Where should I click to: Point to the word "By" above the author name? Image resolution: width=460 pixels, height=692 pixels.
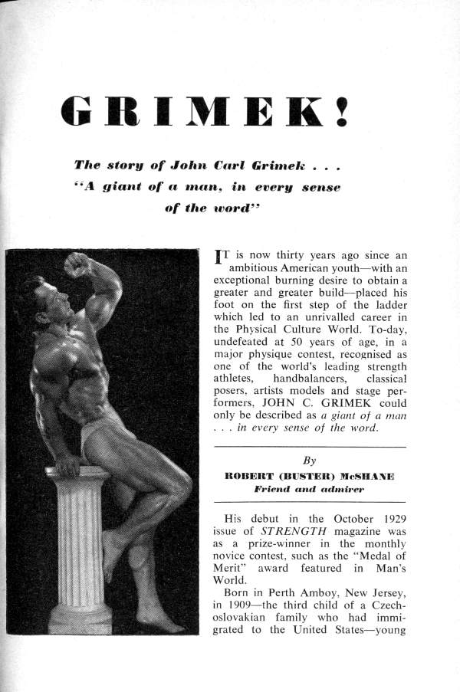(310, 461)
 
